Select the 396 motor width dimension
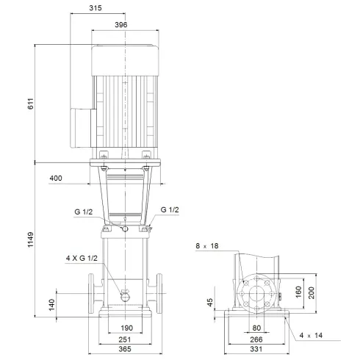point(122,24)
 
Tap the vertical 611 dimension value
point(31,103)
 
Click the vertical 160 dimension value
point(298,289)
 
